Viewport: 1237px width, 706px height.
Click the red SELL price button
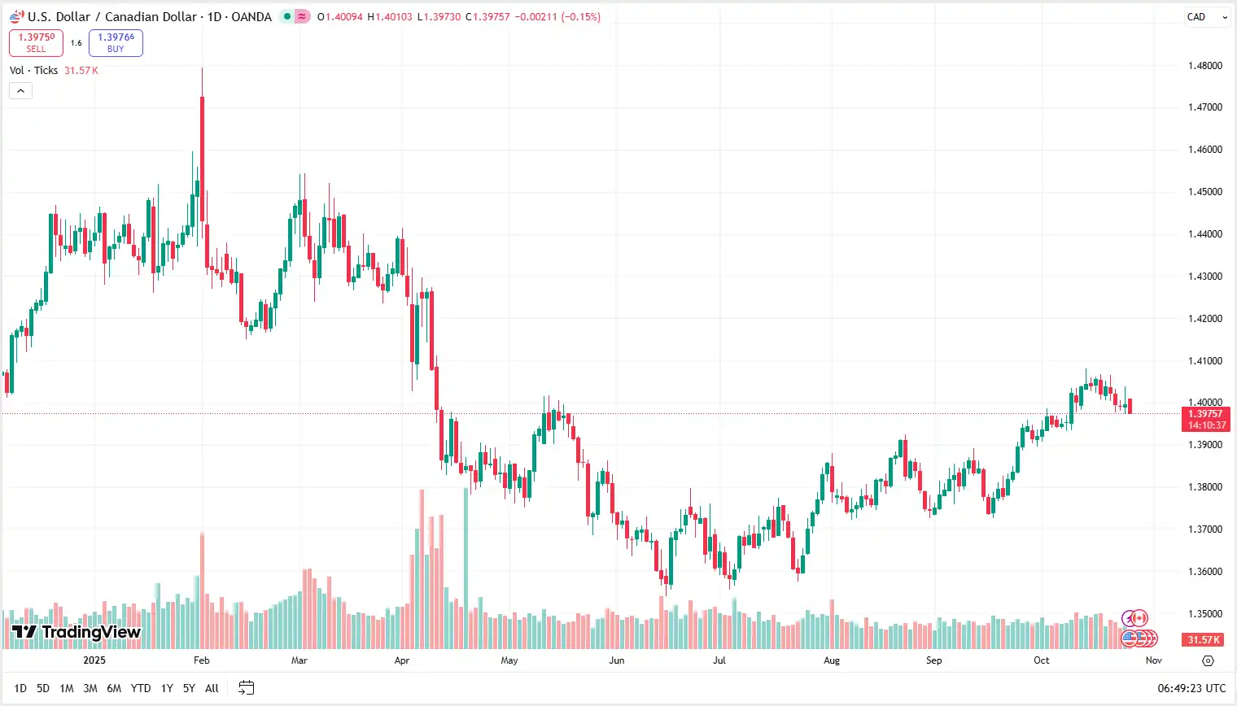coord(36,42)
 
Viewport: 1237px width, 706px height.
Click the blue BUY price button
coord(116,42)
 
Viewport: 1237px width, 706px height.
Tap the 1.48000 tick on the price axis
coord(1204,66)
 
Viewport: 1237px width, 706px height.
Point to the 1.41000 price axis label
coord(1204,361)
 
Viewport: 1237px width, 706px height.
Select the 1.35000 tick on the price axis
coord(1204,614)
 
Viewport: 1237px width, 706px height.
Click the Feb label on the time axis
coord(202,660)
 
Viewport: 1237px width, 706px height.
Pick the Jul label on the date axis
coord(719,660)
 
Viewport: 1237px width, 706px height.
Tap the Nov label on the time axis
coord(1153,660)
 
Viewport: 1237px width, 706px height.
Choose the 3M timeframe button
coord(90,688)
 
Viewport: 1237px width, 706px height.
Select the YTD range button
coord(141,688)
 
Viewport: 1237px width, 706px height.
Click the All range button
coord(212,688)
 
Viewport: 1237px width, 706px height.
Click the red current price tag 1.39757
coord(1205,419)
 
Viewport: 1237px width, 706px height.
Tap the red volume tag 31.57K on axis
coord(1204,640)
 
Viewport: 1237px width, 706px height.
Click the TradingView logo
coord(76,632)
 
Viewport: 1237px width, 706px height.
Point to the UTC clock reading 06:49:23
coord(1191,688)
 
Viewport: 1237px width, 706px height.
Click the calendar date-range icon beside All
coord(247,688)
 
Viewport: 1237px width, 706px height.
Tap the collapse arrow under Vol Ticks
coord(20,90)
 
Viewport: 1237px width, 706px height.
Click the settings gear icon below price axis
coord(1208,660)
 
